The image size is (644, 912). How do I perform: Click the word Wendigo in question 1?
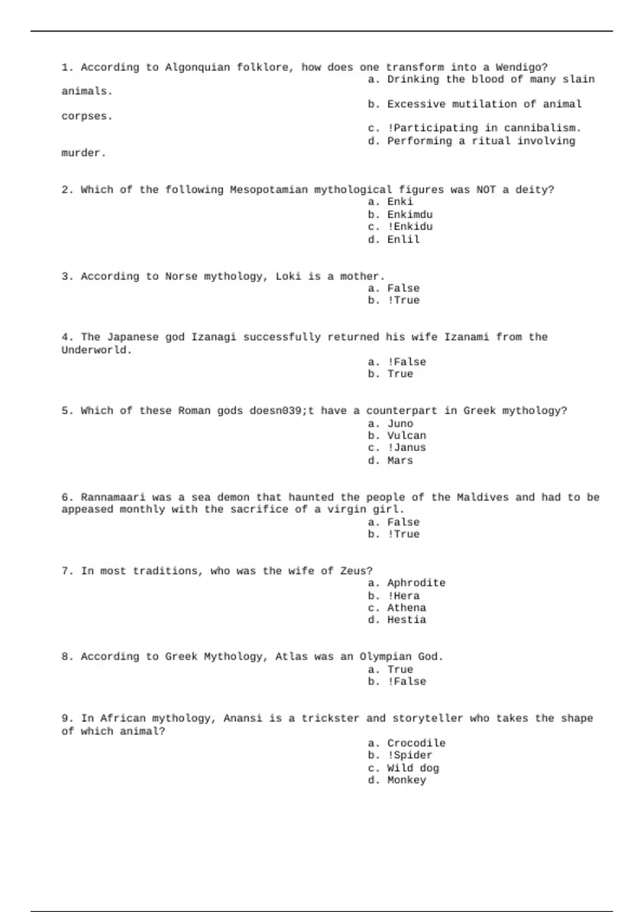point(521,68)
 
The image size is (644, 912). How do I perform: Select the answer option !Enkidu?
point(409,227)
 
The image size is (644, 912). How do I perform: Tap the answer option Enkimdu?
point(409,215)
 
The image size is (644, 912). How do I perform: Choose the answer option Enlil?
point(403,240)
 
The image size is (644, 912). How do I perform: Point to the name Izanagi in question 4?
point(214,337)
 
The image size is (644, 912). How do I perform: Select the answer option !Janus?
point(406,448)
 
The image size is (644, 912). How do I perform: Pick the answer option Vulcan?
point(406,436)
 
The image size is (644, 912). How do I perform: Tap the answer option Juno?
point(400,424)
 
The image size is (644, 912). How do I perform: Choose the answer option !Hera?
point(403,596)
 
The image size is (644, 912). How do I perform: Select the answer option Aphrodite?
point(416,583)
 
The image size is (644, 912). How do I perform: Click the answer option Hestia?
point(406,620)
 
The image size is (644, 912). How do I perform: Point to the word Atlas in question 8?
point(291,657)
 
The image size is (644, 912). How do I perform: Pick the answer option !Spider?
point(409,755)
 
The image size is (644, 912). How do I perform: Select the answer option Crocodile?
point(416,744)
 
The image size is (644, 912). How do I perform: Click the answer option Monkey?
point(406,781)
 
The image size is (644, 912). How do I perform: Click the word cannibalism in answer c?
point(542,129)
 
